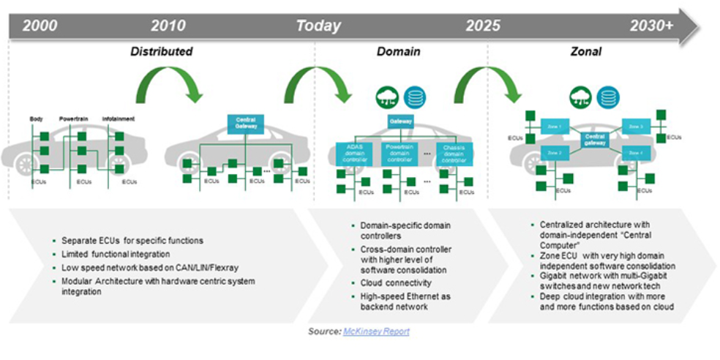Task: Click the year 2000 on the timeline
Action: (x=40, y=26)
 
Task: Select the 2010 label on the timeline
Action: (x=169, y=26)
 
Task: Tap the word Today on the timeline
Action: (x=318, y=26)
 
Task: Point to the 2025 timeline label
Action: (x=483, y=26)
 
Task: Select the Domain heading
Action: (x=398, y=51)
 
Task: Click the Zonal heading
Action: (x=586, y=51)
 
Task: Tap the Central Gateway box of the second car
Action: (x=245, y=123)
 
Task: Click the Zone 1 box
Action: (x=553, y=126)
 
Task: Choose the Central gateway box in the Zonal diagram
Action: (x=593, y=138)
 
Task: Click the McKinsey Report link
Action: (x=376, y=331)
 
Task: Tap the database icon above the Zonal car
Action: (x=606, y=97)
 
